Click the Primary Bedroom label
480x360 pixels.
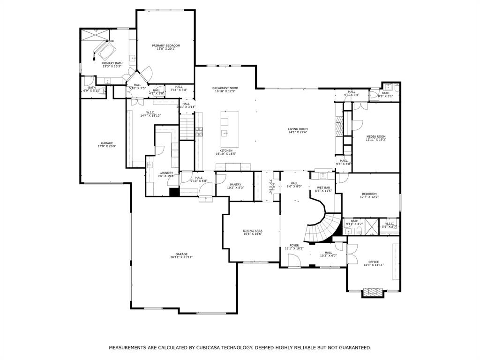pos(166,45)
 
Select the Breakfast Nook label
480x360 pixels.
pos(225,88)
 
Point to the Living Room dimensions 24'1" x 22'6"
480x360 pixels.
pos(298,132)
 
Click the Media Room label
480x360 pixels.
pos(375,136)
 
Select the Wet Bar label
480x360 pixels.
pos(323,187)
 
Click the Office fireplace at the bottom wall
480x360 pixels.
pos(374,292)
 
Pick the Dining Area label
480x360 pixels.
pos(252,231)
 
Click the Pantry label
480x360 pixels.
pos(235,184)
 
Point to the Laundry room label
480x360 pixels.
pos(166,172)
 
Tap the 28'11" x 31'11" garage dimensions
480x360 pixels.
pos(181,257)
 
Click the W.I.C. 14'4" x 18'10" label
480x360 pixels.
pos(150,112)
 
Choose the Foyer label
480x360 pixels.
pos(294,245)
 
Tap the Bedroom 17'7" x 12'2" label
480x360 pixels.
pos(369,194)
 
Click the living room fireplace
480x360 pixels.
pos(339,127)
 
